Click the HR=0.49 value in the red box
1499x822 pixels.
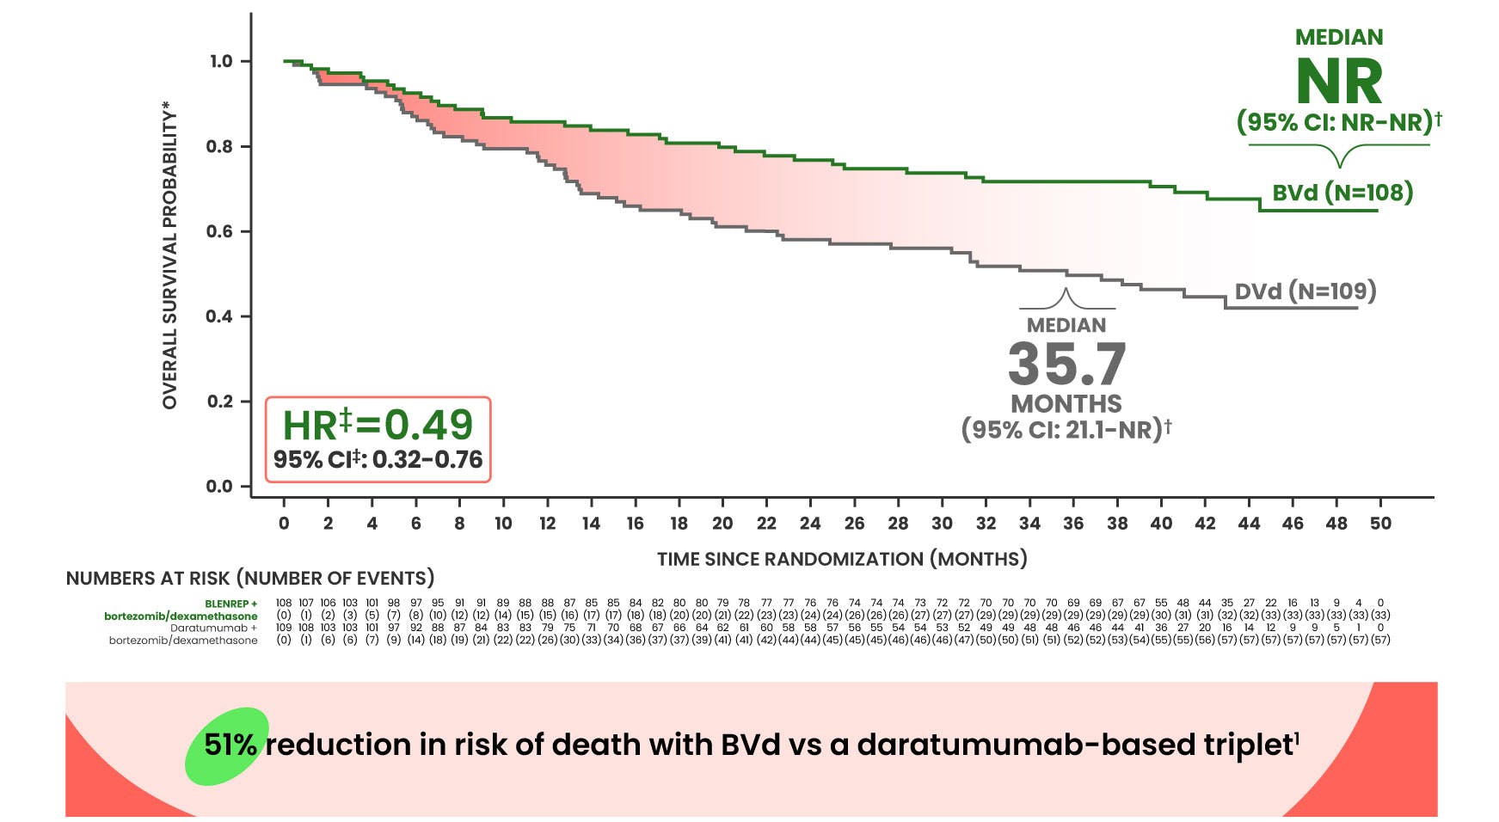point(378,424)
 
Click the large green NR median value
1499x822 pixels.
point(1338,82)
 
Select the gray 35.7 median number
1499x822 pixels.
point(1066,364)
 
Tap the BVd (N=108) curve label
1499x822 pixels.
point(1342,192)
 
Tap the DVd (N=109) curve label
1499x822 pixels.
point(1305,291)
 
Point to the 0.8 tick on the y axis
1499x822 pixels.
point(219,146)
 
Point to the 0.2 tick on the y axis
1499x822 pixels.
point(219,402)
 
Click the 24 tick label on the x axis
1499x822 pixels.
point(810,524)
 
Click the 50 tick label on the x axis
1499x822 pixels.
point(1380,524)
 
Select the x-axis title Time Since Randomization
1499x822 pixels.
point(842,559)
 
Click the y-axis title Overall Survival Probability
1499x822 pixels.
point(169,255)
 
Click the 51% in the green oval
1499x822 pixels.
point(230,745)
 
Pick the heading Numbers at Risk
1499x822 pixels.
point(250,578)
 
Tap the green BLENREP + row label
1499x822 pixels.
point(230,604)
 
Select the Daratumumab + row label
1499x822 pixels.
point(213,628)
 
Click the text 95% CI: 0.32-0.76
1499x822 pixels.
point(378,460)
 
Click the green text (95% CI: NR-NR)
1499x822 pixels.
point(1337,121)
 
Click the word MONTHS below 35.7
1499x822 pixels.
point(1066,403)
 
